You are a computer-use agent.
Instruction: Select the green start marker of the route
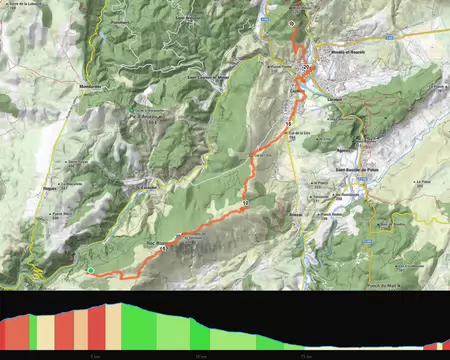tap(90, 270)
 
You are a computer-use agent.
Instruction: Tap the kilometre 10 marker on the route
tap(244, 203)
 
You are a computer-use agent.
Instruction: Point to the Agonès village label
tap(350, 149)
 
